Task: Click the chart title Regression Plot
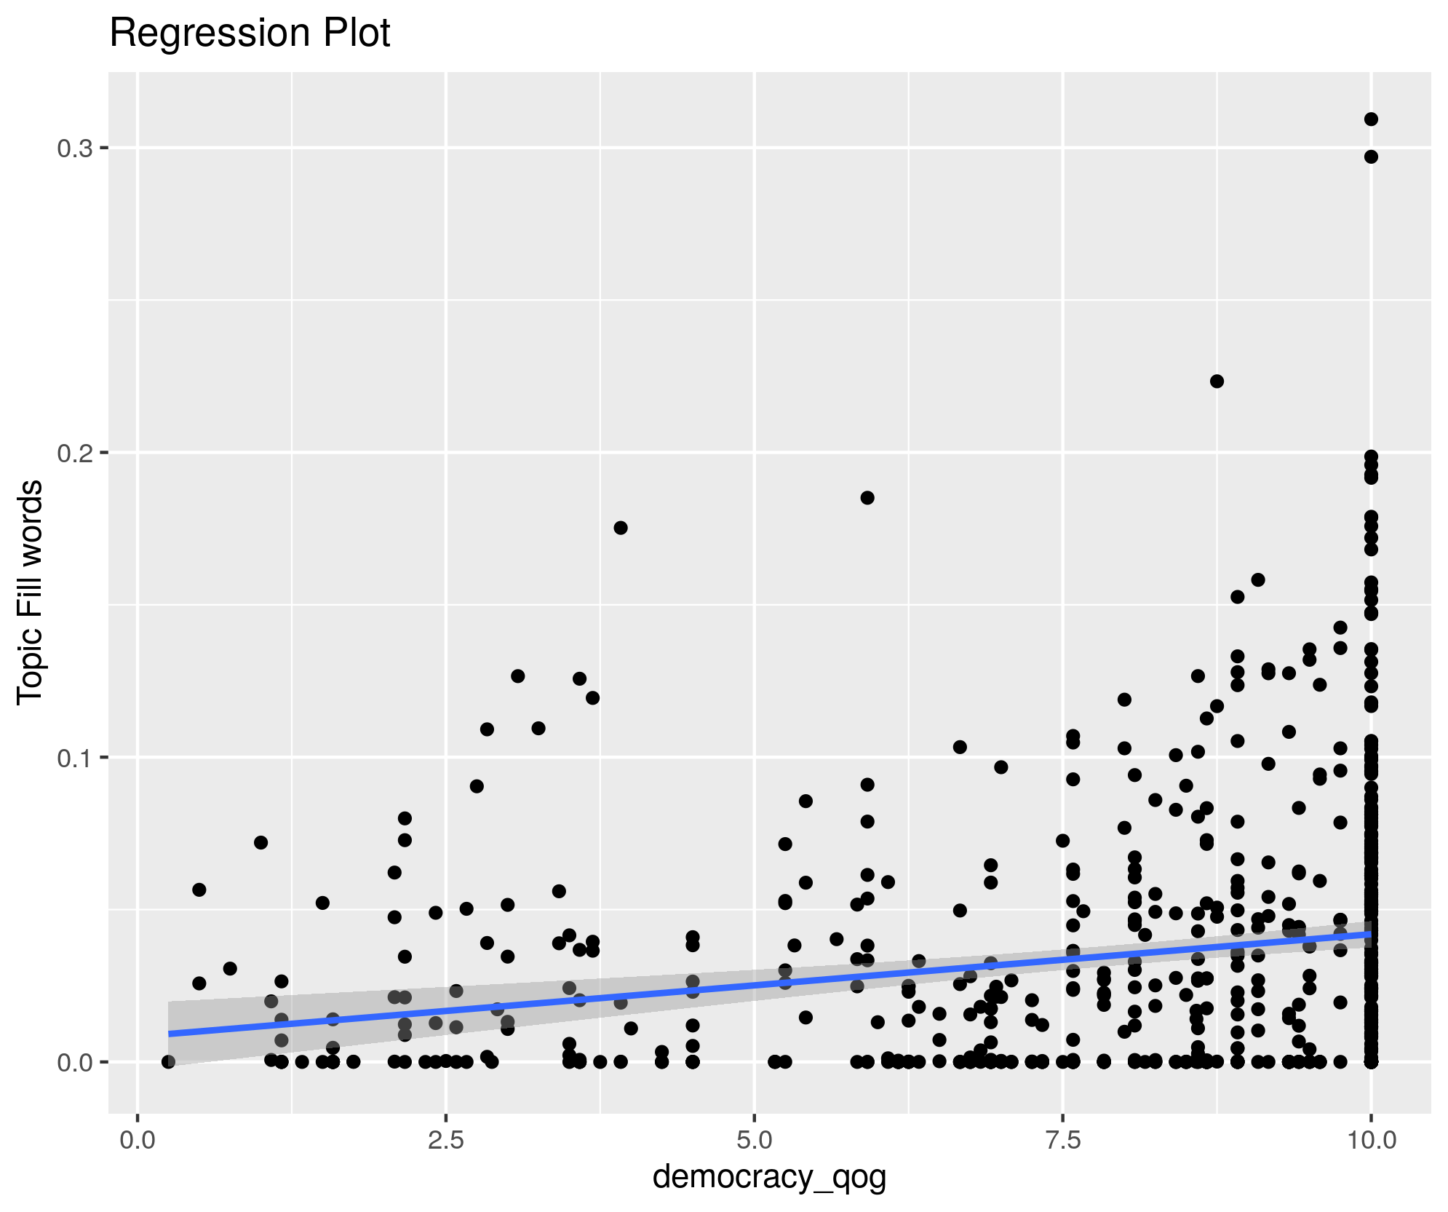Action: tap(250, 33)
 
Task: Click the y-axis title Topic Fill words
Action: tap(31, 592)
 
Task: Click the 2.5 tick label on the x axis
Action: tap(446, 1139)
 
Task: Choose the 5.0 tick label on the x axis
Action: tap(755, 1139)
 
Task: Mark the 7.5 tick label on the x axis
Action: tap(1063, 1139)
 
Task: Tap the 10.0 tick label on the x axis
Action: tap(1371, 1139)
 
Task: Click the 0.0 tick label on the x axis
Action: tap(138, 1139)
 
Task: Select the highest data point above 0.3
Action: tap(1371, 119)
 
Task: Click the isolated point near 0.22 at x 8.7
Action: tap(1217, 381)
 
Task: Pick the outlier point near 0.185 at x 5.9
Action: tap(867, 498)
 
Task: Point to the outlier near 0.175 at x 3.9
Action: tap(621, 528)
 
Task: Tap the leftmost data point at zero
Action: tap(169, 1062)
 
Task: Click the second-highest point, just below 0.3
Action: tap(1371, 157)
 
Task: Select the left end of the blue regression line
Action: tap(170, 1034)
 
